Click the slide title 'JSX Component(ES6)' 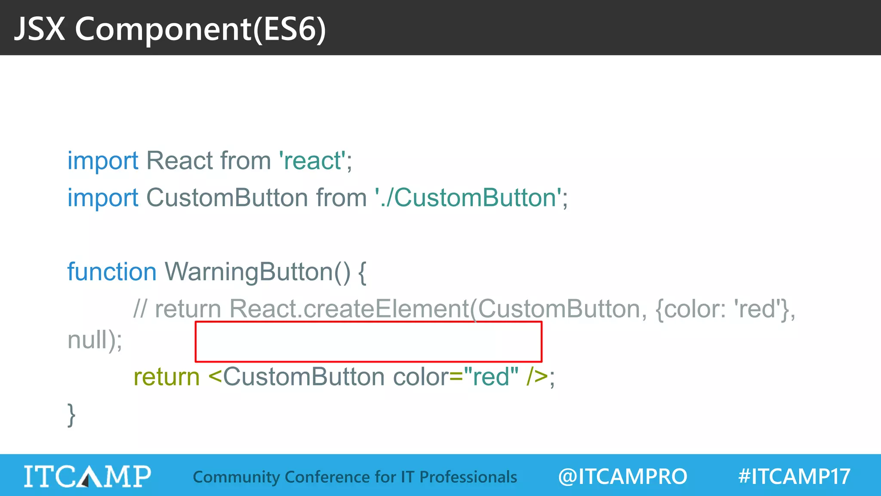click(x=170, y=29)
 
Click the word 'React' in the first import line click(x=179, y=161)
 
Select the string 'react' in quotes click(x=312, y=161)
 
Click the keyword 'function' click(x=112, y=272)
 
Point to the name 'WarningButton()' click(x=257, y=272)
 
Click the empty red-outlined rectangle click(x=368, y=341)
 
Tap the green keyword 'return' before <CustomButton click(x=166, y=377)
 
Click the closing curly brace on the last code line click(x=71, y=415)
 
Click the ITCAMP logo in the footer click(x=87, y=476)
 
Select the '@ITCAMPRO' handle click(x=622, y=477)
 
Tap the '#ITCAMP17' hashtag click(x=794, y=477)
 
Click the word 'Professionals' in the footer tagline click(x=468, y=477)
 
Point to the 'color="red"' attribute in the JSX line click(x=456, y=377)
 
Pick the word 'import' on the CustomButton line click(x=103, y=198)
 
